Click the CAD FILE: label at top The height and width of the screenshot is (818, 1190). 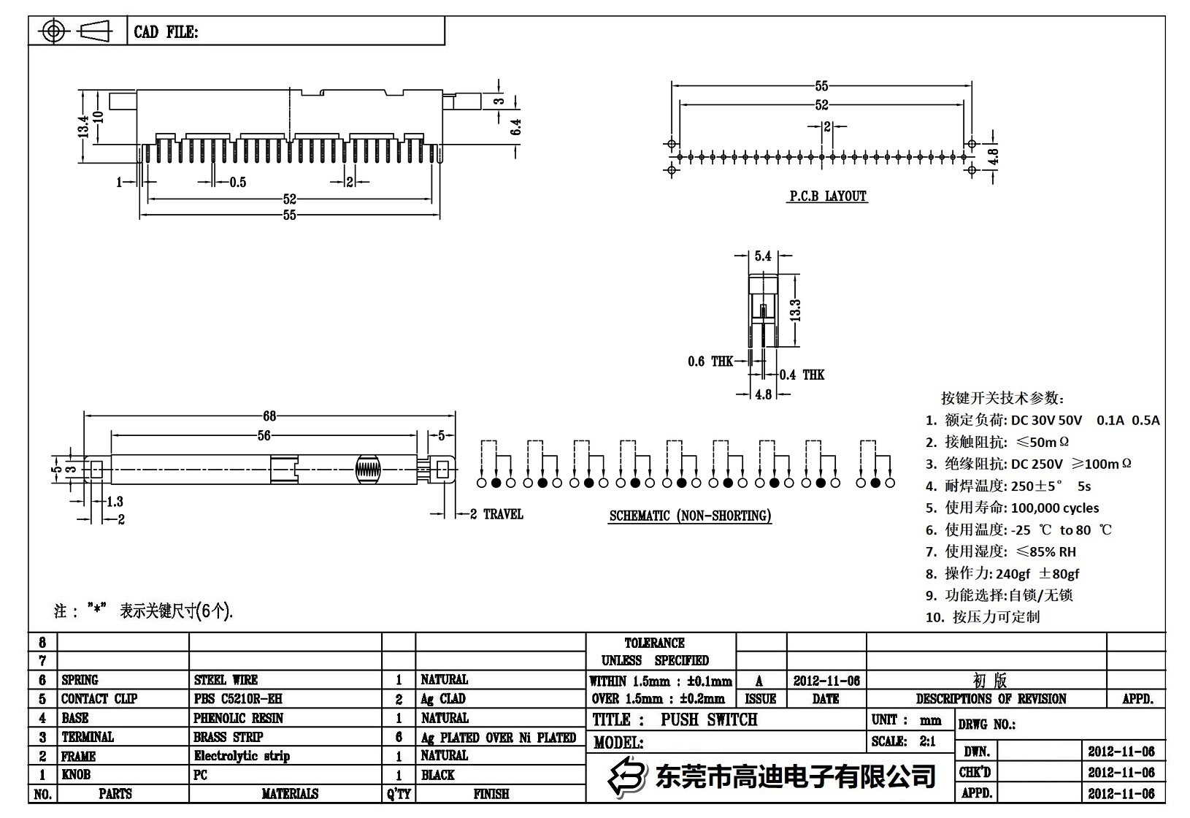point(165,32)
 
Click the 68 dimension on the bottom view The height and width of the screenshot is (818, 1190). point(269,416)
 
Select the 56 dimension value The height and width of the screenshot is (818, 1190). point(264,435)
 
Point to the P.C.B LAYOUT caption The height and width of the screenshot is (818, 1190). point(827,196)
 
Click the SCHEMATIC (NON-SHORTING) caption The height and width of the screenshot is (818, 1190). point(690,516)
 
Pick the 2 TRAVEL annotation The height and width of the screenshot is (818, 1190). point(496,514)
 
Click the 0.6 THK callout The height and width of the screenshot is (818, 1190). point(710,361)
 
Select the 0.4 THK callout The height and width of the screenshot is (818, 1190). point(802,375)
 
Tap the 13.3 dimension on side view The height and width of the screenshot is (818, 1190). point(796,310)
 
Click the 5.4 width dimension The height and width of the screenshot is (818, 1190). point(763,256)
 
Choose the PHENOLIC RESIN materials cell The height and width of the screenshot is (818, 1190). point(238,718)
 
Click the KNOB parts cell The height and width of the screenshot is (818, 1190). point(76,775)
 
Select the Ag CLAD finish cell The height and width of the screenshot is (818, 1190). point(442,699)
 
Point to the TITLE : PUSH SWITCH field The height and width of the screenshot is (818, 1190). point(675,719)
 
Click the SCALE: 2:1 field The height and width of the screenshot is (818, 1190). point(903,741)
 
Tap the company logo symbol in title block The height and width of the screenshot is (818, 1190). point(628,776)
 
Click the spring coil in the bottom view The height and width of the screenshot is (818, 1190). point(368,470)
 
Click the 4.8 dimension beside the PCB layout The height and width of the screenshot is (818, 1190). point(992,156)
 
